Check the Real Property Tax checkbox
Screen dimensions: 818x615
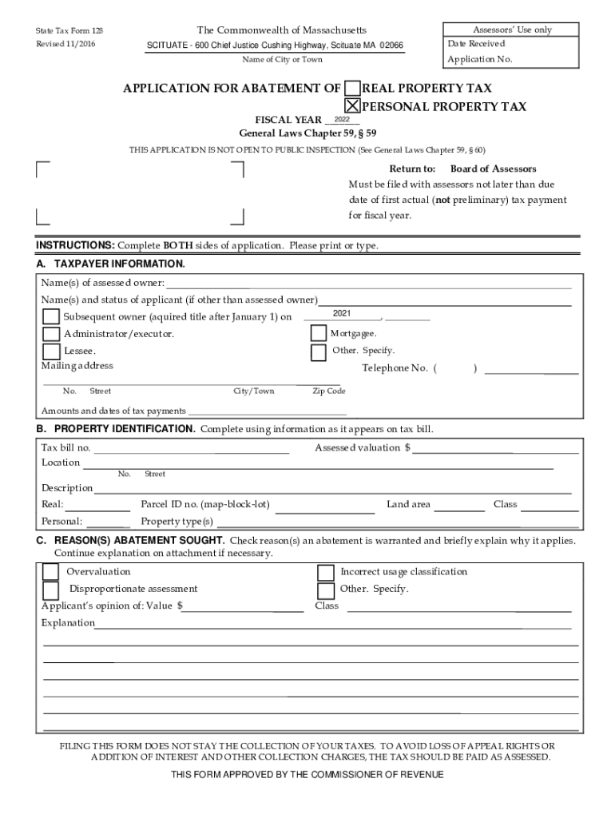click(x=352, y=89)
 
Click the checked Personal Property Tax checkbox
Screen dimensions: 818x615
click(x=352, y=106)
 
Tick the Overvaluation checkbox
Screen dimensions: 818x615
click(x=50, y=572)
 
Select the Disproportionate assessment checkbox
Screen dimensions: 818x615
click(x=50, y=590)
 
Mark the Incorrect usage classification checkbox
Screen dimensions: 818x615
click(x=326, y=572)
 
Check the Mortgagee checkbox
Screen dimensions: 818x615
click(x=318, y=333)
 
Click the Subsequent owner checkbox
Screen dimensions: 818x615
click(x=50, y=317)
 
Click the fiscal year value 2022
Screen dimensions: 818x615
click(x=342, y=118)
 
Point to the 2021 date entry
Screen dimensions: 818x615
click(x=343, y=313)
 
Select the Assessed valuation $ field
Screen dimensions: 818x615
click(x=495, y=448)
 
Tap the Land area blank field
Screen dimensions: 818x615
click(x=459, y=506)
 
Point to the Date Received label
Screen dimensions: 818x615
click(x=476, y=43)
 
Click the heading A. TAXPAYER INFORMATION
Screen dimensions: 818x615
click(x=111, y=264)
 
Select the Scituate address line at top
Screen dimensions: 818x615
click(x=275, y=46)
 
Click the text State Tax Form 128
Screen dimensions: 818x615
click(x=69, y=30)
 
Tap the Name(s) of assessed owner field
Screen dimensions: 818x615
click(x=368, y=284)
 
